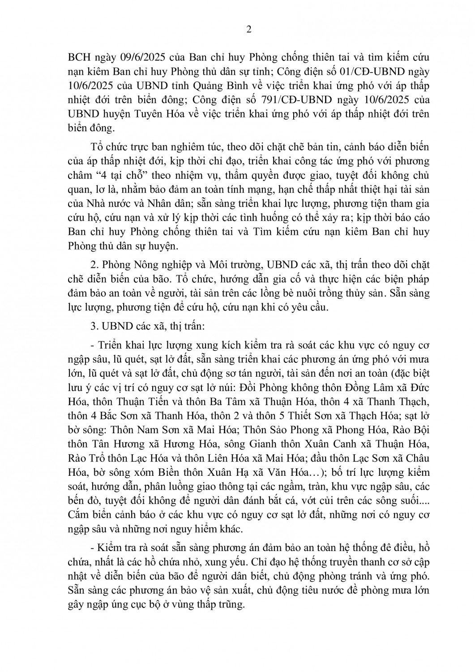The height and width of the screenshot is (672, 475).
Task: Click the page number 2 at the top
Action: click(249, 30)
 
